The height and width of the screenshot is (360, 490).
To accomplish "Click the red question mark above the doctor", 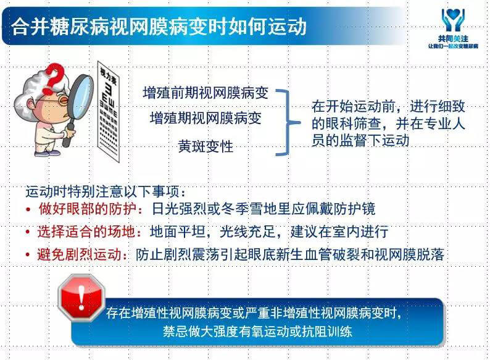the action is (x=54, y=78).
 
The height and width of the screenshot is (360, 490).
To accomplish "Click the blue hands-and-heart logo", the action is (x=453, y=20).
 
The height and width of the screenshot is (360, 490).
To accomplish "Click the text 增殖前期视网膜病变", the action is (x=206, y=93).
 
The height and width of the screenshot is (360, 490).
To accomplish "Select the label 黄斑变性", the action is (x=206, y=146).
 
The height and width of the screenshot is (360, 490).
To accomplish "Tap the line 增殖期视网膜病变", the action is (x=206, y=118).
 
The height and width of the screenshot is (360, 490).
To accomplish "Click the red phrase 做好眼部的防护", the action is (x=88, y=209).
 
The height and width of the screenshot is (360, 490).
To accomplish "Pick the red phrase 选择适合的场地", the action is (x=86, y=232).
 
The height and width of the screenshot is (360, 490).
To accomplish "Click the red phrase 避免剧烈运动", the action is (x=80, y=254).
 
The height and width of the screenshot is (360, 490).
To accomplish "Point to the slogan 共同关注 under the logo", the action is (x=453, y=39).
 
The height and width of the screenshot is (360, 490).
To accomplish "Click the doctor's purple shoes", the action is (x=47, y=153).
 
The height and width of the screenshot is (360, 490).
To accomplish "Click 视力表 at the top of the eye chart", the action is (x=108, y=77).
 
